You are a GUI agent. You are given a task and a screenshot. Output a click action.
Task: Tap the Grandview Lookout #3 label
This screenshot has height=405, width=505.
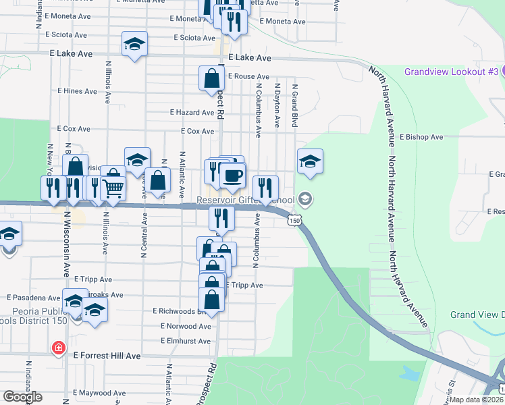451,72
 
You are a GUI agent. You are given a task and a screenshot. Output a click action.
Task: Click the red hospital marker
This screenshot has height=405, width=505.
59,348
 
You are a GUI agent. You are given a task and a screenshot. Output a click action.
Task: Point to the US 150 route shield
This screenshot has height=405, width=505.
294,220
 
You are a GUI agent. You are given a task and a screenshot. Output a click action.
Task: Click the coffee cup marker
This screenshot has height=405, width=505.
233,175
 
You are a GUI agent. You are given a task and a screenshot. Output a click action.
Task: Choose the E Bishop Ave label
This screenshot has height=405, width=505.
421,137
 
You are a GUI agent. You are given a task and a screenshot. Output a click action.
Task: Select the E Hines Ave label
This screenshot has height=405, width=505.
78,90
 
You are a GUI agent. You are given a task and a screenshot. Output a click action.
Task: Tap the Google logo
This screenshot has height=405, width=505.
22,397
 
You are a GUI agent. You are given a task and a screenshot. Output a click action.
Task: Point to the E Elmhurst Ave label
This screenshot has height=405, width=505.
185,342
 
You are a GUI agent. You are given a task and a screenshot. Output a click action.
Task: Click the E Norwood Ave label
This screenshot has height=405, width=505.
186,326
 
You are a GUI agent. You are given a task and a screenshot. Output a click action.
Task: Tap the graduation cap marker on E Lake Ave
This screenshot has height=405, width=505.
135,45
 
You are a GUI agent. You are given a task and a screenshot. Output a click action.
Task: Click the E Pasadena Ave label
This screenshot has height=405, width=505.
34,297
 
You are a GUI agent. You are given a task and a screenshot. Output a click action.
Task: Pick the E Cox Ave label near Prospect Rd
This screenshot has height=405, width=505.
198,132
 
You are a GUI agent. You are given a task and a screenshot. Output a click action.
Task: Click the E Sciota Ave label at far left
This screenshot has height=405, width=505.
66,34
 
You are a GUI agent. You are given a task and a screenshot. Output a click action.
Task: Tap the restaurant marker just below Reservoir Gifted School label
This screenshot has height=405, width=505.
221,218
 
